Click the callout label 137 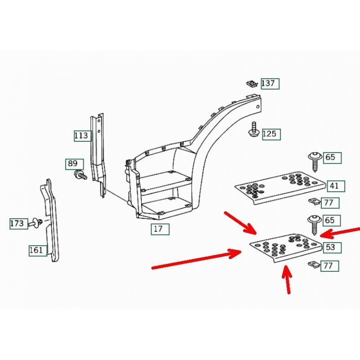(270, 84)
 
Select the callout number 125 (271, 134)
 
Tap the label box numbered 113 (83, 136)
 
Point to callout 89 (74, 164)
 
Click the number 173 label (19, 224)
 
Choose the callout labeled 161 (38, 250)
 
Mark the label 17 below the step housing (160, 229)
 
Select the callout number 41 (336, 186)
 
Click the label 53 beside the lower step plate (332, 247)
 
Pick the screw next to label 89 (80, 175)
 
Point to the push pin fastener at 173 (35, 222)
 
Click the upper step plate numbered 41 (280, 187)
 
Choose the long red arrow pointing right (196, 259)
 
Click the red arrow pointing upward (287, 279)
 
